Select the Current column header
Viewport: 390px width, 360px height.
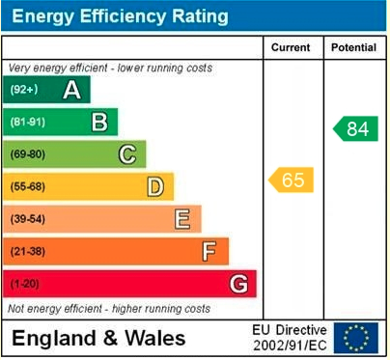(291, 47)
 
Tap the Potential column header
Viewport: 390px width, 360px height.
(354, 47)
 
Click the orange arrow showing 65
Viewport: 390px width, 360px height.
(291, 180)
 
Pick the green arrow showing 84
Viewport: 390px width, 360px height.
(355, 128)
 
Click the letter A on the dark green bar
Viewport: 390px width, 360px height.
(71, 90)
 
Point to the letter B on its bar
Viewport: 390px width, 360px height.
(98, 122)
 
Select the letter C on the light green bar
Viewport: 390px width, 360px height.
(126, 153)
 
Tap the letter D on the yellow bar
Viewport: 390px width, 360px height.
(154, 186)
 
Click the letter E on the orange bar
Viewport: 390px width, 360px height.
(181, 219)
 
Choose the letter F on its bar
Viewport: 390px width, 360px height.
(209, 251)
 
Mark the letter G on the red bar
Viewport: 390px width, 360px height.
(237, 284)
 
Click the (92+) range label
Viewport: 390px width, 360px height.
(24, 90)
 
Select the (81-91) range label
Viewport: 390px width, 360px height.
(28, 122)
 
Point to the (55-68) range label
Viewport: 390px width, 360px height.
(28, 186)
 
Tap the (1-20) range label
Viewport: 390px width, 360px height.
(25, 284)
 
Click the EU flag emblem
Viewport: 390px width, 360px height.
(356, 338)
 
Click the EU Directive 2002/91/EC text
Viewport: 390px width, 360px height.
(290, 338)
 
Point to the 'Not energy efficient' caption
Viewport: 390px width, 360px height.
(108, 309)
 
